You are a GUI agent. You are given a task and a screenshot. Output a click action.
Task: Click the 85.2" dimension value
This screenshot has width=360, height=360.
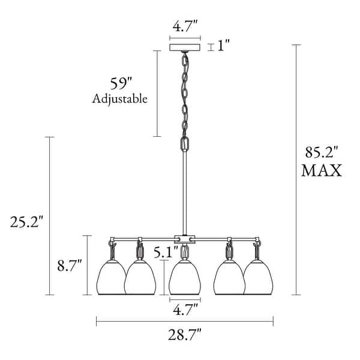(x=322, y=152)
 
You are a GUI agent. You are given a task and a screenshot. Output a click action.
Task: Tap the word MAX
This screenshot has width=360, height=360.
(x=322, y=170)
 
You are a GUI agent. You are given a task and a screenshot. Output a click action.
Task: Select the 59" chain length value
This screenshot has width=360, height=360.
(x=121, y=83)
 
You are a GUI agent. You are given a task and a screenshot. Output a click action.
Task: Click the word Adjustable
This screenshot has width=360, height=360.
(x=119, y=99)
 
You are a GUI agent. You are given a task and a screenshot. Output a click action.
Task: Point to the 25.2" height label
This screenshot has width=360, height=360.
(x=26, y=222)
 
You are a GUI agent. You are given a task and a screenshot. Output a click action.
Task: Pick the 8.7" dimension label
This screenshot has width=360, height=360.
(x=70, y=265)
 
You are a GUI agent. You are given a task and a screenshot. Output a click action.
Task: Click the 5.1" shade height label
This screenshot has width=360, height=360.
(x=166, y=252)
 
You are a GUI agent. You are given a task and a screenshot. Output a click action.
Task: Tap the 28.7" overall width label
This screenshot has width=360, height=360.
(x=185, y=335)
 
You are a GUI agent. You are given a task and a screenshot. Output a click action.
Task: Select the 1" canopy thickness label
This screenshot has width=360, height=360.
(x=223, y=45)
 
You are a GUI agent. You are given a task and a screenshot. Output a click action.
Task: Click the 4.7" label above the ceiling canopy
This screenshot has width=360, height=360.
(x=185, y=26)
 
